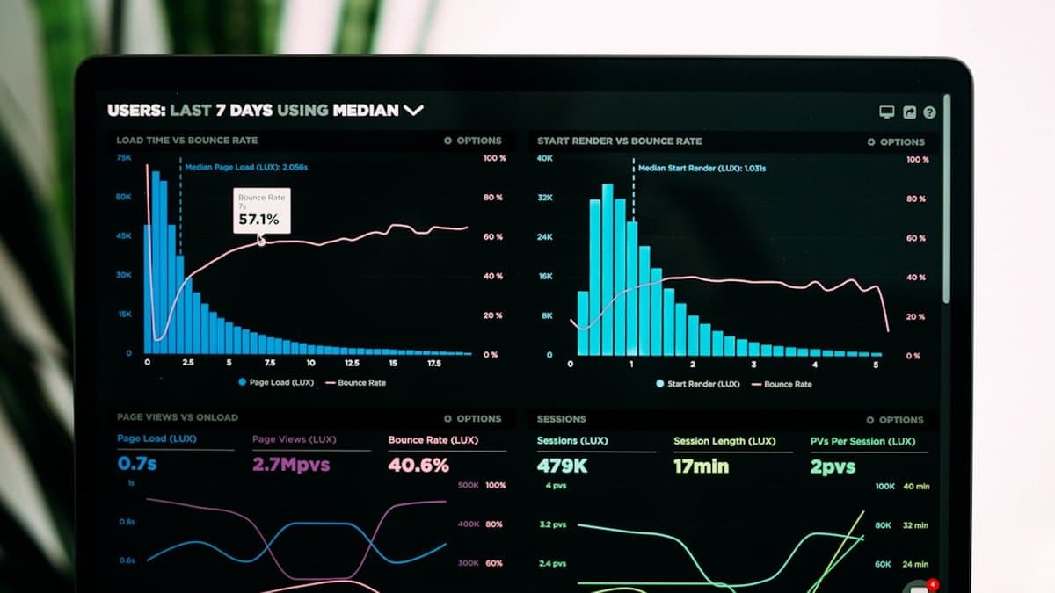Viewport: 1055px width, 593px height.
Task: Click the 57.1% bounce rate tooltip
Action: click(x=260, y=211)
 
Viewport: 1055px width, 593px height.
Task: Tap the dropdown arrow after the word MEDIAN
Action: click(x=413, y=111)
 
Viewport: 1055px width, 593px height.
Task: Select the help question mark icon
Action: click(x=929, y=112)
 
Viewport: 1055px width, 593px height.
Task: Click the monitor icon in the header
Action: click(x=886, y=112)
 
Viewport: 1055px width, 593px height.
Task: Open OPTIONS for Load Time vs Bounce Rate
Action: click(x=473, y=141)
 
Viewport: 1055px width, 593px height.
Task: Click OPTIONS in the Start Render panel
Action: click(x=896, y=141)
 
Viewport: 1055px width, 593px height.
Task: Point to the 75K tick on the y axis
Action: click(x=124, y=157)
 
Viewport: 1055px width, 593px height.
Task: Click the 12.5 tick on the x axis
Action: click(x=352, y=363)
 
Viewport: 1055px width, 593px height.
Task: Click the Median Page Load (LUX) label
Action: click(x=246, y=167)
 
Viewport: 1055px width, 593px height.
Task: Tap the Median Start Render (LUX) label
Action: click(x=702, y=168)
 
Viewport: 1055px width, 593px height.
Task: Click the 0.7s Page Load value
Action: click(x=137, y=464)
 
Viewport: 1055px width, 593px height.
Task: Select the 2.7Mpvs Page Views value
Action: click(x=291, y=465)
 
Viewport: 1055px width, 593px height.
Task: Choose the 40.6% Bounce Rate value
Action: click(x=418, y=466)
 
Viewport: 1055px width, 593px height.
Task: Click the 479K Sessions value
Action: click(x=562, y=466)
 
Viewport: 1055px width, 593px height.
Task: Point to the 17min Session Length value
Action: click(x=701, y=466)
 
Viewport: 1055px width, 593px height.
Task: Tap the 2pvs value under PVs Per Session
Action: click(x=833, y=467)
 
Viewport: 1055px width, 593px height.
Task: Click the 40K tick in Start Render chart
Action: click(x=545, y=158)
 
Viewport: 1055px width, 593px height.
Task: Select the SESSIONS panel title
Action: click(x=561, y=419)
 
